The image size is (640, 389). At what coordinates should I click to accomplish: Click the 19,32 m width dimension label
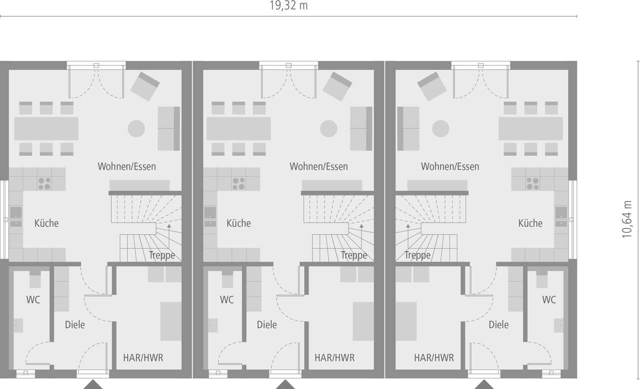pyautogui.click(x=288, y=5)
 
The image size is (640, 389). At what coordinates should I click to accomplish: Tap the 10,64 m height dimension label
pyautogui.click(x=627, y=219)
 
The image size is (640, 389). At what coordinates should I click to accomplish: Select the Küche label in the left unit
pyautogui.click(x=46, y=223)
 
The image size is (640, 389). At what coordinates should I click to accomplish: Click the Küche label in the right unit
pyautogui.click(x=530, y=223)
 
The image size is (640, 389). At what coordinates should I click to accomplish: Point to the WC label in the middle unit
pyautogui.click(x=227, y=299)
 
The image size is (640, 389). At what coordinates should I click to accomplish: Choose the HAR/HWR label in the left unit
pyautogui.click(x=143, y=357)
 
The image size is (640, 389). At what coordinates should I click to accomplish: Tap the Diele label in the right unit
pyautogui.click(x=498, y=324)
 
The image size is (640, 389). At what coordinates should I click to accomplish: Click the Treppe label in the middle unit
pyautogui.click(x=354, y=255)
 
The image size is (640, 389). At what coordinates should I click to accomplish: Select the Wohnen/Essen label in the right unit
pyautogui.click(x=450, y=166)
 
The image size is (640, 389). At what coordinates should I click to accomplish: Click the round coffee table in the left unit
pyautogui.click(x=136, y=128)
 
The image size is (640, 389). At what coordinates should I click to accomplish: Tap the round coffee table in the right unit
pyautogui.click(x=440, y=128)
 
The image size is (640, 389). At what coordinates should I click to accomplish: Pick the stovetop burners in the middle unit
pyautogui.click(x=238, y=183)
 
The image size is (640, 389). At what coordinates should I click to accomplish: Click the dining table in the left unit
pyautogui.click(x=46, y=128)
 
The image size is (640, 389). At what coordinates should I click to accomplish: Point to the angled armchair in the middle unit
pyautogui.click(x=337, y=86)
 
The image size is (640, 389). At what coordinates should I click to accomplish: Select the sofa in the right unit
pyautogui.click(x=408, y=128)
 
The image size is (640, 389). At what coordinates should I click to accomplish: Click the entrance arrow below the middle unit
pyautogui.click(x=285, y=384)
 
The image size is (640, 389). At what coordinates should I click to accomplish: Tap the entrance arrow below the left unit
pyautogui.click(x=93, y=384)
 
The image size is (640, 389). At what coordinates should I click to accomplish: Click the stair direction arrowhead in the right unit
pyautogui.click(x=408, y=226)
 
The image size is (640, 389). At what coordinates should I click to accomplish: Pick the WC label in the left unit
pyautogui.click(x=33, y=299)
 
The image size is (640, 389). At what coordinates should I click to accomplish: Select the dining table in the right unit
pyautogui.click(x=530, y=128)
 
